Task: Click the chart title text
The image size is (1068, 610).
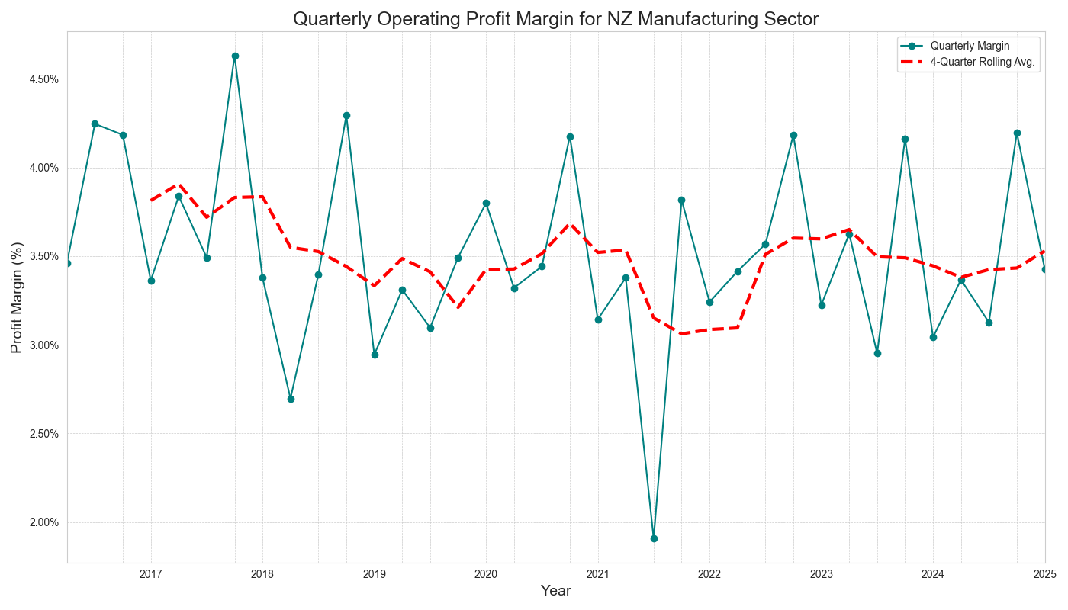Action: point(555,19)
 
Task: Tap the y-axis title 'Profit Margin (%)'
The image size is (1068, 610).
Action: point(17,297)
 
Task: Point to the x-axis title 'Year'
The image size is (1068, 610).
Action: point(555,591)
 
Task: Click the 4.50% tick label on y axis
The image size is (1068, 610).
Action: point(43,79)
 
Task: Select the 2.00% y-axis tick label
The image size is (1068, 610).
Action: point(43,523)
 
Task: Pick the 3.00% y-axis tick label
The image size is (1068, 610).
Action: point(43,345)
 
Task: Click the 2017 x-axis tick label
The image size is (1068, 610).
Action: point(151,573)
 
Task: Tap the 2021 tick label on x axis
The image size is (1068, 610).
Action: point(598,573)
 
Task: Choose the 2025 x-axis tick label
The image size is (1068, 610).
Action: point(1044,573)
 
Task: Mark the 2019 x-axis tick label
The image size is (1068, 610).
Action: point(375,573)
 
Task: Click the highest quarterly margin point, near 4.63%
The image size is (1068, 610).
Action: point(235,56)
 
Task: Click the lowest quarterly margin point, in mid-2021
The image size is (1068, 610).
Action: point(654,538)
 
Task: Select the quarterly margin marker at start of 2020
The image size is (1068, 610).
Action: point(486,204)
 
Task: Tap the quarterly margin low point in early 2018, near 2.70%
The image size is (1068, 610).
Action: point(291,399)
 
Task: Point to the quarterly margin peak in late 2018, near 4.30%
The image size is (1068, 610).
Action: point(346,115)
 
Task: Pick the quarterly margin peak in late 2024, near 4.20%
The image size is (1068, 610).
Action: point(1017,133)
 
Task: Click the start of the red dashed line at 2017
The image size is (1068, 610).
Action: point(151,201)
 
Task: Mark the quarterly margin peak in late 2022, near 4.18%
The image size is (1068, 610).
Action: point(793,135)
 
